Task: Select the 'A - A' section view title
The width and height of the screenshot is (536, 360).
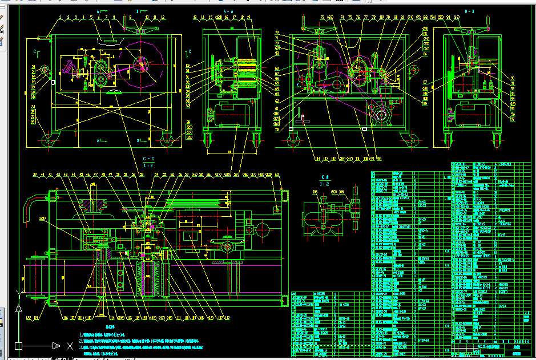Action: (228, 11)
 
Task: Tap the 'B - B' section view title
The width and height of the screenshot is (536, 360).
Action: (470, 11)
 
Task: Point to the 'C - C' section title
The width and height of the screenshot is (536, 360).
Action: (148, 159)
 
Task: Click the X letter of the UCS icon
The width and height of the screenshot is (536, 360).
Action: (70, 346)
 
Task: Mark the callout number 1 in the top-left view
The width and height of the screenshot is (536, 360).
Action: (60, 18)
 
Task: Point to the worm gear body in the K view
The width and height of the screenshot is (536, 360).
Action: (323, 219)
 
